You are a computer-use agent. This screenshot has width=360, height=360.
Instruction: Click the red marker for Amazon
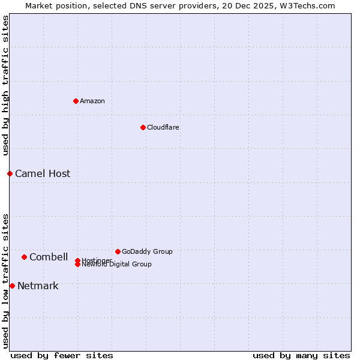(x=76, y=101)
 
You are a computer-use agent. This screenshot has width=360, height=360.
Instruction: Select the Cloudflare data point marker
(x=143, y=127)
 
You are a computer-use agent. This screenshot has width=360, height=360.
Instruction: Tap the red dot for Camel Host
(x=10, y=173)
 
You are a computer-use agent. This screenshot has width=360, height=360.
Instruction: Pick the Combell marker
(x=24, y=257)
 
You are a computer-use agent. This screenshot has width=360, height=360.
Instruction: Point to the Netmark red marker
(x=12, y=286)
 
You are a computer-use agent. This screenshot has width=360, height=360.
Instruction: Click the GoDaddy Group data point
(x=118, y=251)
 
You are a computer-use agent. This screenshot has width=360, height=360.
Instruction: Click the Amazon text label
(x=92, y=101)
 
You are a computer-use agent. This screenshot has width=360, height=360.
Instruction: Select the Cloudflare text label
(x=163, y=127)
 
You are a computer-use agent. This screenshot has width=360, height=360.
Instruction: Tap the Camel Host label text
(x=43, y=174)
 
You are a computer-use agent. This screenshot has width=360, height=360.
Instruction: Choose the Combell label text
(x=49, y=257)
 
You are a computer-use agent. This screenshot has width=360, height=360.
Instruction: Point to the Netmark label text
(x=38, y=286)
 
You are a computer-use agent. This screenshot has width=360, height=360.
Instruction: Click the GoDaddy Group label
(x=147, y=252)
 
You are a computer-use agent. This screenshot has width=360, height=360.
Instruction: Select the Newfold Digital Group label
(x=117, y=265)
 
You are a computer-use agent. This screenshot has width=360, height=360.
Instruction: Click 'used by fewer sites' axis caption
(x=62, y=356)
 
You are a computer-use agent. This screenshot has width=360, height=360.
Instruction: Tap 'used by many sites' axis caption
(x=301, y=356)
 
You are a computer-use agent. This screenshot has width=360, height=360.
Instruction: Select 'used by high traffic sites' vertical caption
(x=5, y=86)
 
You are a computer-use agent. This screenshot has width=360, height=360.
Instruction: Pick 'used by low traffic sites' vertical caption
(x=5, y=281)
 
